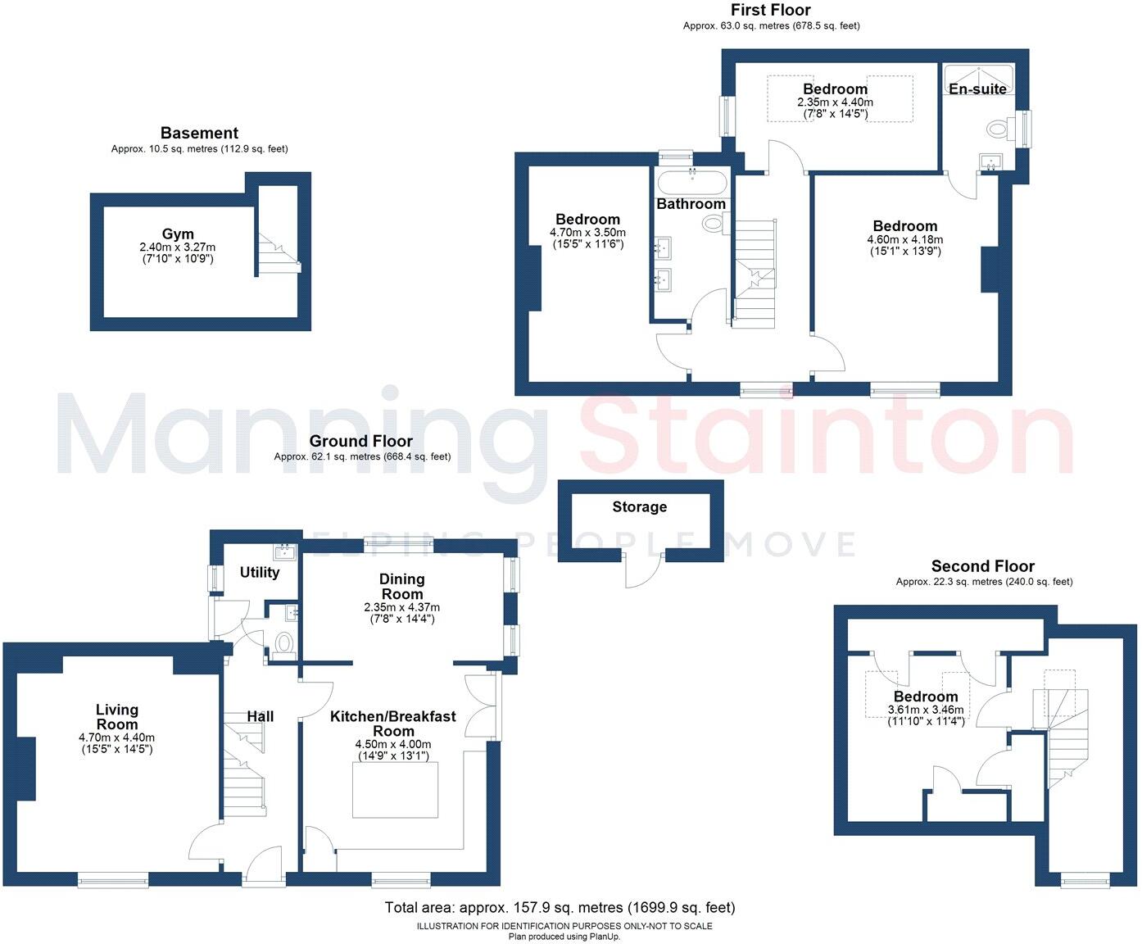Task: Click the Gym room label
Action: click(178, 234)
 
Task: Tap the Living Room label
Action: click(117, 717)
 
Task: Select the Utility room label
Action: click(260, 572)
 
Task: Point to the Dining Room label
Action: click(401, 586)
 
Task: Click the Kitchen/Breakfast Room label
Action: click(392, 724)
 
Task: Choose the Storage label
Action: click(639, 507)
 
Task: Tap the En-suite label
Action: click(977, 88)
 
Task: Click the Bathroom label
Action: click(691, 204)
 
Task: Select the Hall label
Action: click(261, 716)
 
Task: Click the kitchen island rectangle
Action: click(396, 790)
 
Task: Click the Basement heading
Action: click(199, 133)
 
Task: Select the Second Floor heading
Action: click(982, 566)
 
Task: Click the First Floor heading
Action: click(771, 11)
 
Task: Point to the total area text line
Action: click(560, 907)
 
